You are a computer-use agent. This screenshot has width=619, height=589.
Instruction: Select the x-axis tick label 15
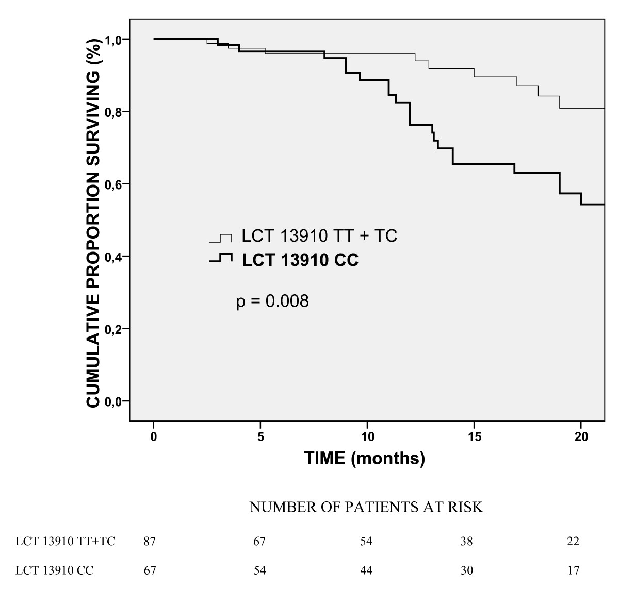point(475,436)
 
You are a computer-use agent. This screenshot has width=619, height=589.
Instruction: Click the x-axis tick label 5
point(260,436)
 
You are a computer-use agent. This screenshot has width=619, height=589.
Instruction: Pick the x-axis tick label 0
point(154,436)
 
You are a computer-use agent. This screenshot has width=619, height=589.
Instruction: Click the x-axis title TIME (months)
point(365,459)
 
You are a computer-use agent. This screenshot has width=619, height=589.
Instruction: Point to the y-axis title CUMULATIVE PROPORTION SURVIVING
point(93,224)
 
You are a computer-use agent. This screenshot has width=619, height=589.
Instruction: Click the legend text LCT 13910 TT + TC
point(320,235)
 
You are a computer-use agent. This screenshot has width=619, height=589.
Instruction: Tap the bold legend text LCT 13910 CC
point(300,260)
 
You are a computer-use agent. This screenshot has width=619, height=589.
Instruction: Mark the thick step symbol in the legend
point(221,257)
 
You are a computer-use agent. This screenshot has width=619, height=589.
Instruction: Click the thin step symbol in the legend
point(221,238)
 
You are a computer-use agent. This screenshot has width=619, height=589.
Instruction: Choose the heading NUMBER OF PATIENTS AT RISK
point(366,507)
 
